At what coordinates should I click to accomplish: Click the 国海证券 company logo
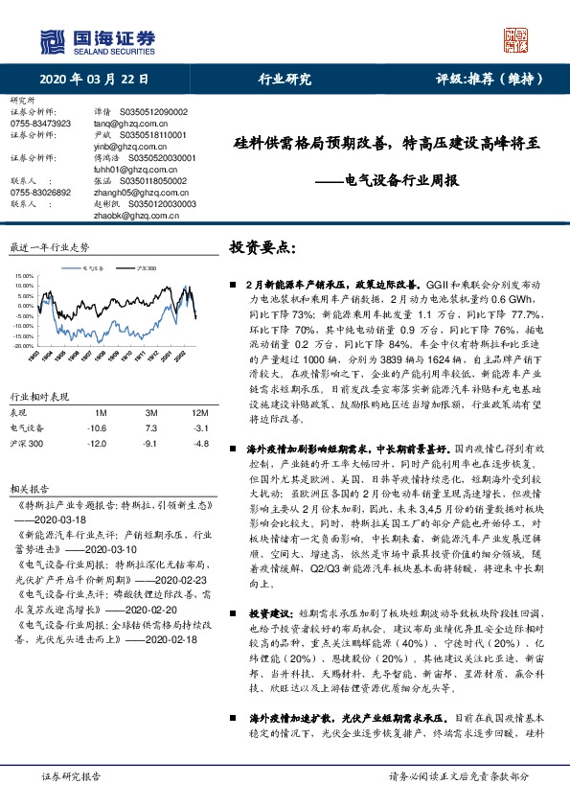point(96,40)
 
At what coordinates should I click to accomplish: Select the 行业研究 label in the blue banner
point(285,80)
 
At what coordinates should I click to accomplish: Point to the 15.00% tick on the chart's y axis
point(22,275)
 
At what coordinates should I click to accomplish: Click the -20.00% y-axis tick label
point(22,346)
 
